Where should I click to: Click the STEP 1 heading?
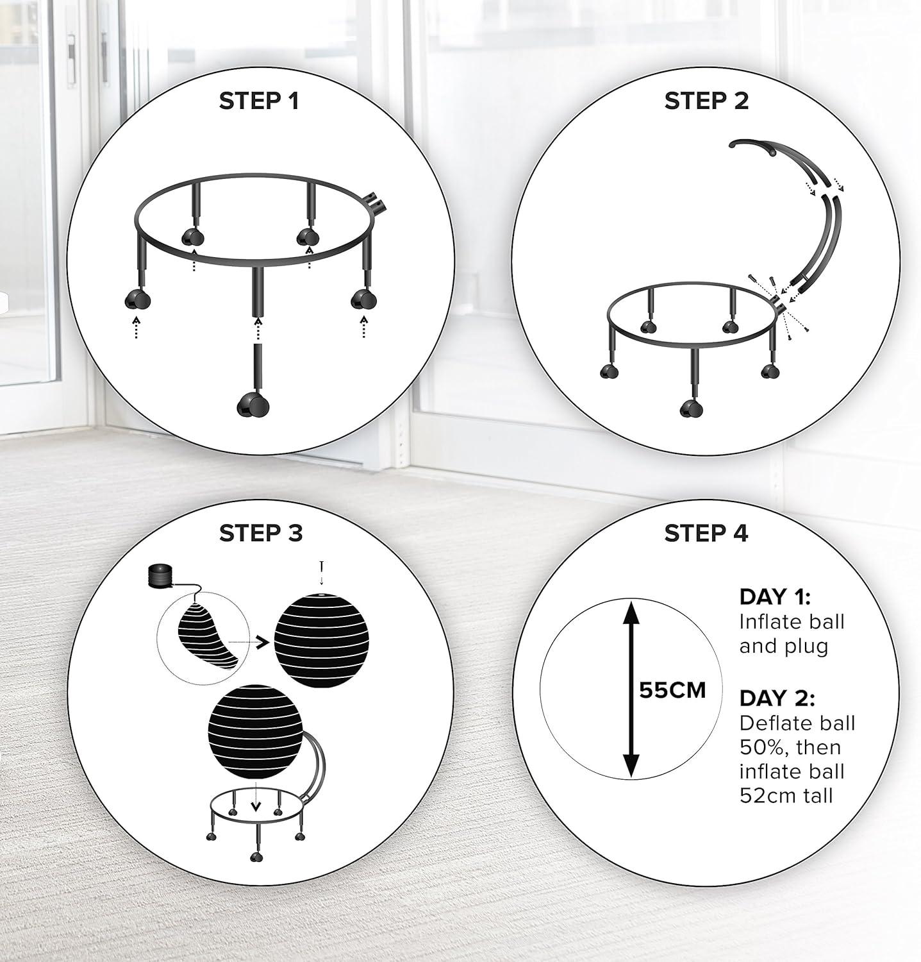click(259, 101)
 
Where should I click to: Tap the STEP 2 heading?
click(706, 101)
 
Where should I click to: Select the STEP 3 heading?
click(260, 533)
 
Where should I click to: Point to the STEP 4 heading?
click(706, 533)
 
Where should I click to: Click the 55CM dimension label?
click(672, 690)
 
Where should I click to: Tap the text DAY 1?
click(775, 596)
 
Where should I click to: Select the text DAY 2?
click(777, 698)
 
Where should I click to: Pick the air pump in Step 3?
click(160, 574)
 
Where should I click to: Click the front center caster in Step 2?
click(690, 408)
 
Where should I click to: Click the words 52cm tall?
click(786, 796)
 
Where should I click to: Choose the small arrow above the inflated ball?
click(321, 573)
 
